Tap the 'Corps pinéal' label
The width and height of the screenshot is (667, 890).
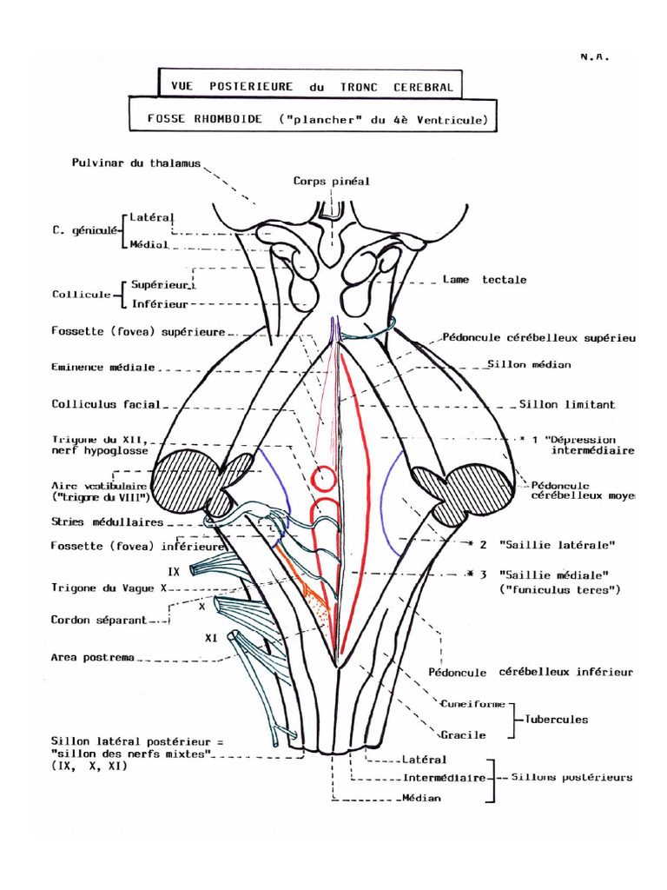[331, 182]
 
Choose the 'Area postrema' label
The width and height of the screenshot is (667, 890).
[93, 658]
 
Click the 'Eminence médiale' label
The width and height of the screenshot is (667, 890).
[102, 367]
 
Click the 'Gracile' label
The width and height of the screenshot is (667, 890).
[462, 735]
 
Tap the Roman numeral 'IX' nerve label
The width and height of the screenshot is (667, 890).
[173, 571]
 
